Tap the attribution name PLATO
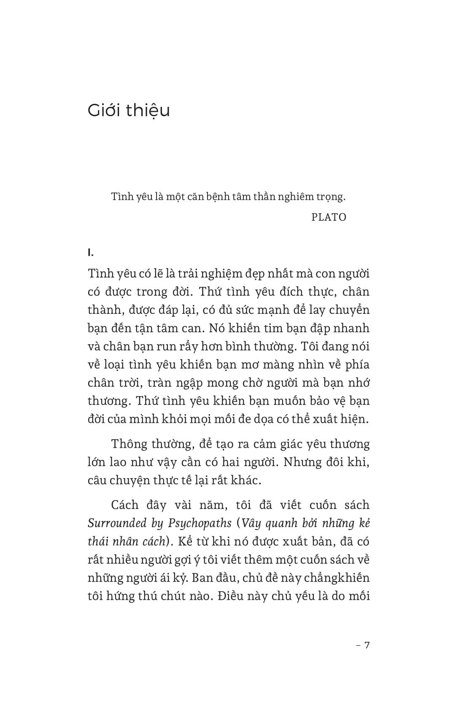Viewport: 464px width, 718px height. (329, 217)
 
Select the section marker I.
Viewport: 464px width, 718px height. (90, 253)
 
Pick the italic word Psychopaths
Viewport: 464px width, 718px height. (200, 523)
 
